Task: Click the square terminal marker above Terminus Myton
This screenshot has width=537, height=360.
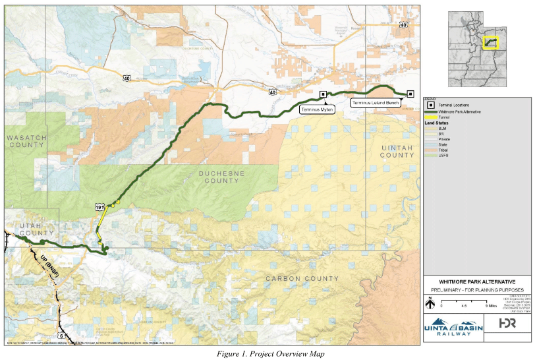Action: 323,95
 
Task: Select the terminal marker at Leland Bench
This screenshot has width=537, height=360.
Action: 410,94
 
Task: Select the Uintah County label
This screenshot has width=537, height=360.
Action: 397,152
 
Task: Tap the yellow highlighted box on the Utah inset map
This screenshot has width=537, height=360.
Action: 490,42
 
